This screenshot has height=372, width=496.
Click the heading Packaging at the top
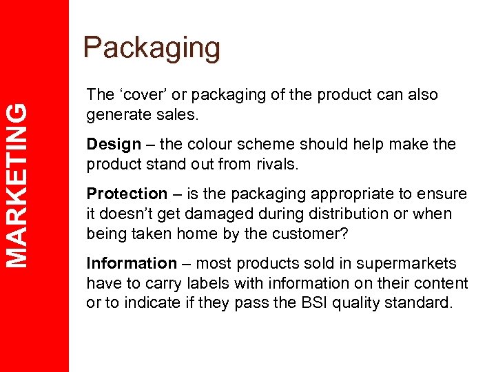pos(152,48)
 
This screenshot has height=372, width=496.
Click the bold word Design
pos(114,145)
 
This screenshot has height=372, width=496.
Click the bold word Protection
pos(127,194)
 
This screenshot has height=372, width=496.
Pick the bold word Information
pos(132,264)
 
